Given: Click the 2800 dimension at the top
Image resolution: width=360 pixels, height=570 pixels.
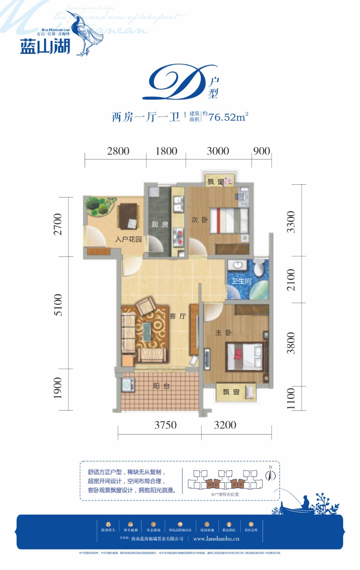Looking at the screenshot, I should (118, 151).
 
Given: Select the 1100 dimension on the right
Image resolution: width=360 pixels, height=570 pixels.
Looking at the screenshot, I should (291, 399).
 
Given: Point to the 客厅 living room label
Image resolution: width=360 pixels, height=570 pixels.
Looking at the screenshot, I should (177, 316).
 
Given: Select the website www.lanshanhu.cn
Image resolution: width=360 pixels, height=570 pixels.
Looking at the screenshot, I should (217, 538).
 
